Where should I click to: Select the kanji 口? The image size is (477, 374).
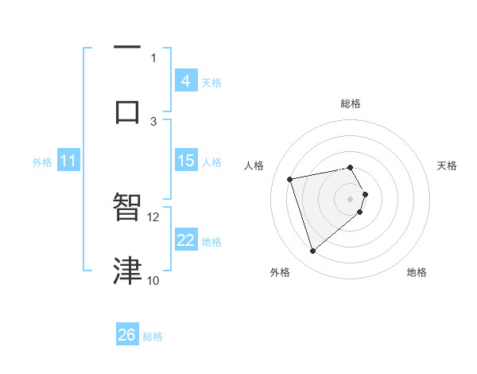pyautogui.click(x=127, y=111)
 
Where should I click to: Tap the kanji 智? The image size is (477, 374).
pyautogui.click(x=127, y=208)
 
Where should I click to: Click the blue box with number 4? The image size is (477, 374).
pyautogui.click(x=185, y=80)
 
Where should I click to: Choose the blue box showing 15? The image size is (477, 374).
pyautogui.click(x=185, y=161)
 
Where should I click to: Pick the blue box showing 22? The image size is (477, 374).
pyautogui.click(x=185, y=240)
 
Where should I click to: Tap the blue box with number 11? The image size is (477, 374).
pyautogui.click(x=68, y=162)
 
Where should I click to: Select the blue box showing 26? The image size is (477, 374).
pyautogui.click(x=127, y=335)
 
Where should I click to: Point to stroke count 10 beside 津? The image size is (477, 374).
pyautogui.click(x=153, y=280)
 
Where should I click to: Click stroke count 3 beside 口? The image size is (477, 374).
pyautogui.click(x=153, y=121)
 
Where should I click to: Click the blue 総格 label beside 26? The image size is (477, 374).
pyautogui.click(x=153, y=337)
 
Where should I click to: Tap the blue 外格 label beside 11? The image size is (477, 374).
pyautogui.click(x=42, y=162)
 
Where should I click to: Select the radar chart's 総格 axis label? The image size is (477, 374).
pyautogui.click(x=351, y=103)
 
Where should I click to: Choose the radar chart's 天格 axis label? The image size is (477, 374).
pyautogui.click(x=448, y=166)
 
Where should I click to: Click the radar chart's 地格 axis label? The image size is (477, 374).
pyautogui.click(x=417, y=272)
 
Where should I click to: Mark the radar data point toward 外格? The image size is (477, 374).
pyautogui.click(x=313, y=251)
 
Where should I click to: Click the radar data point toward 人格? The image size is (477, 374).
pyautogui.click(x=290, y=178)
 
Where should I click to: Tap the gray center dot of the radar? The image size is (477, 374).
pyautogui.click(x=351, y=197)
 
